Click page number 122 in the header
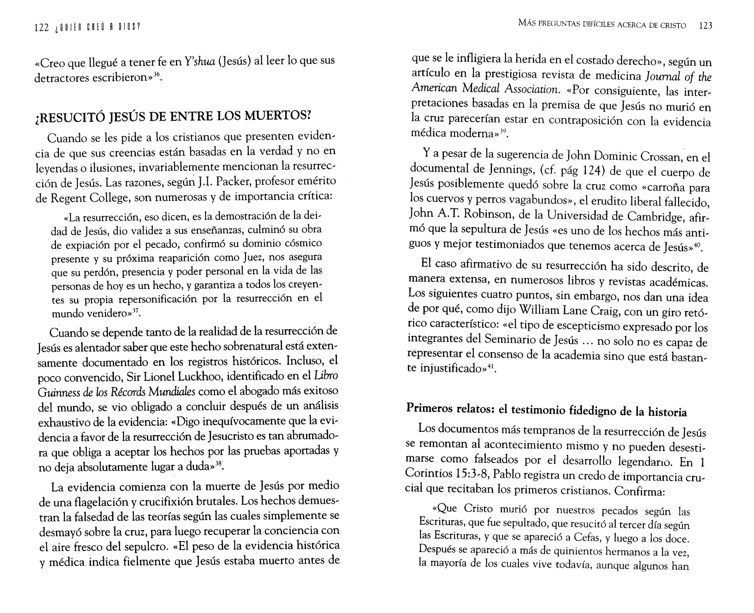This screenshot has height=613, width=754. point(41,28)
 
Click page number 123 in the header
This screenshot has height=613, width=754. point(705,26)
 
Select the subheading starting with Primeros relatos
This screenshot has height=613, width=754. point(546,410)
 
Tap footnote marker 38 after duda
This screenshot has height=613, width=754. point(219,464)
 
